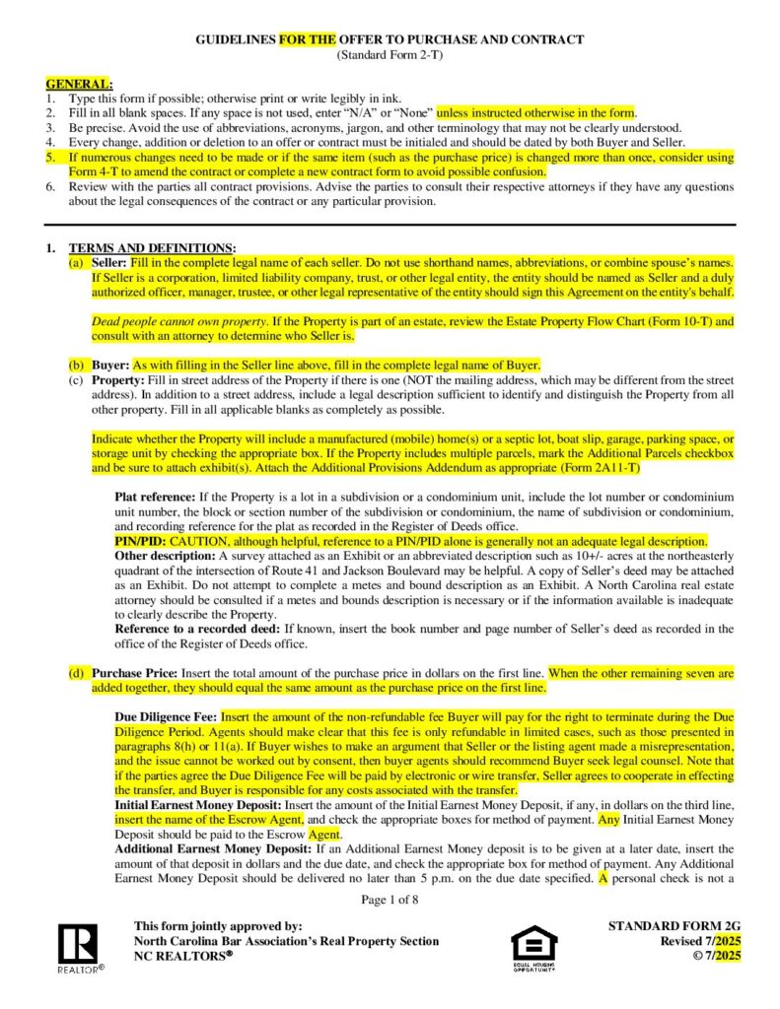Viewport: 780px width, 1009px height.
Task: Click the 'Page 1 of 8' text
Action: point(390,899)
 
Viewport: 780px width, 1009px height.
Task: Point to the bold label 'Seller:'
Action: point(109,264)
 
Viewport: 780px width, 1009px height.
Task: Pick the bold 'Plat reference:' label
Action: point(156,498)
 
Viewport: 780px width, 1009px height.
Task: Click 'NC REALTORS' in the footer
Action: point(188,955)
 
